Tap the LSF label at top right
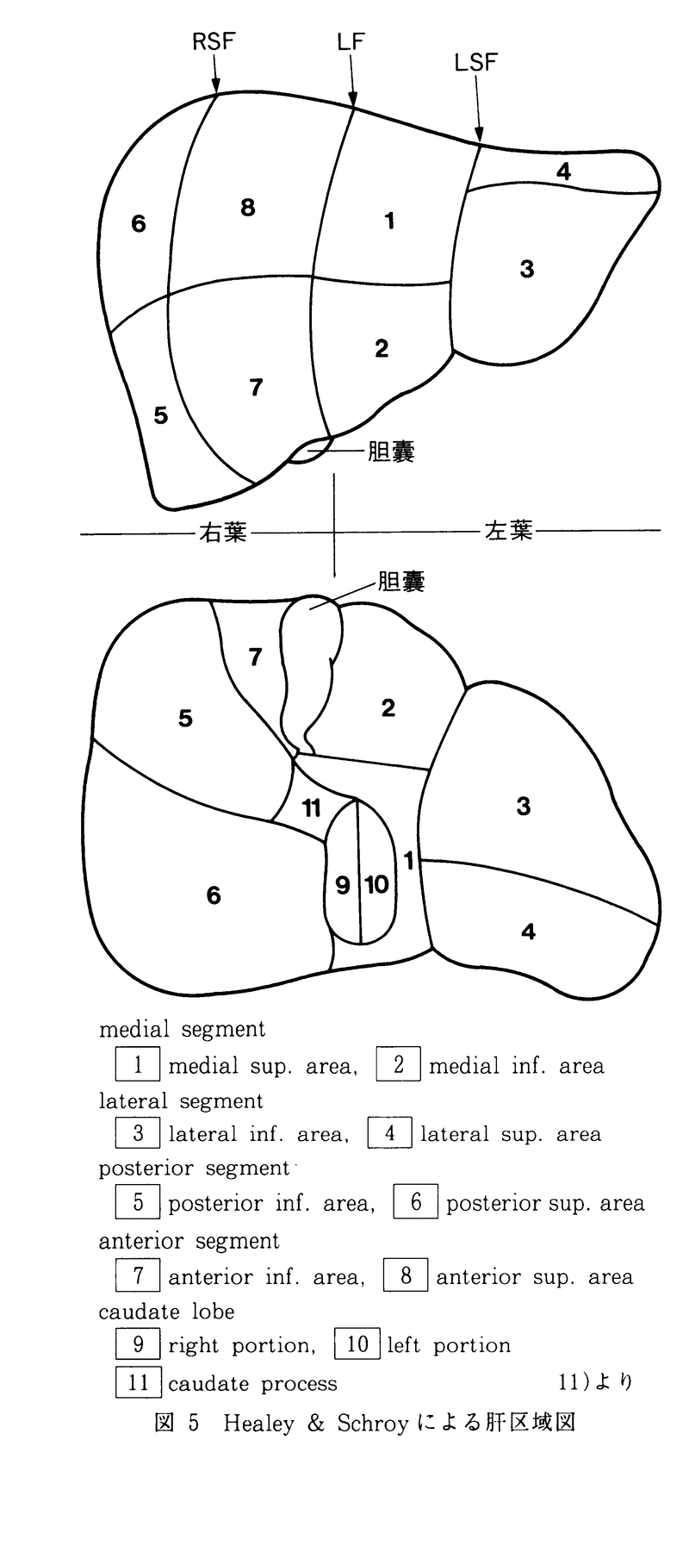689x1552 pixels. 476,62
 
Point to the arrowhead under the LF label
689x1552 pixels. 353,100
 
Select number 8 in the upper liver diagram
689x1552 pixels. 248,207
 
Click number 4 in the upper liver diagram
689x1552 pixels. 563,171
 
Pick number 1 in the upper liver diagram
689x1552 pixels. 389,221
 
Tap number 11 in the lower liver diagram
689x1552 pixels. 311,808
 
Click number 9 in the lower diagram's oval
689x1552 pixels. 343,884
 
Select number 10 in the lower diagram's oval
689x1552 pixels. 376,884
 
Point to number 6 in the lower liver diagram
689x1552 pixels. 214,895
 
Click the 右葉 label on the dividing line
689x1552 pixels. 223,533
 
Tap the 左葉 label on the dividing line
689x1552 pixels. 509,530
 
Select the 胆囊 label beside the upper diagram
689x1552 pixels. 391,452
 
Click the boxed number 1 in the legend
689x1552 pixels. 138,1064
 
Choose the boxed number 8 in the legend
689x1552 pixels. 406,1275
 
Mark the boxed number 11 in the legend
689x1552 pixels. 138,1383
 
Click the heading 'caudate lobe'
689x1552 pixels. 166,1312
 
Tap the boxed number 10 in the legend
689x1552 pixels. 357,1344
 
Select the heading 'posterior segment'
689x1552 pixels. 194,1169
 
